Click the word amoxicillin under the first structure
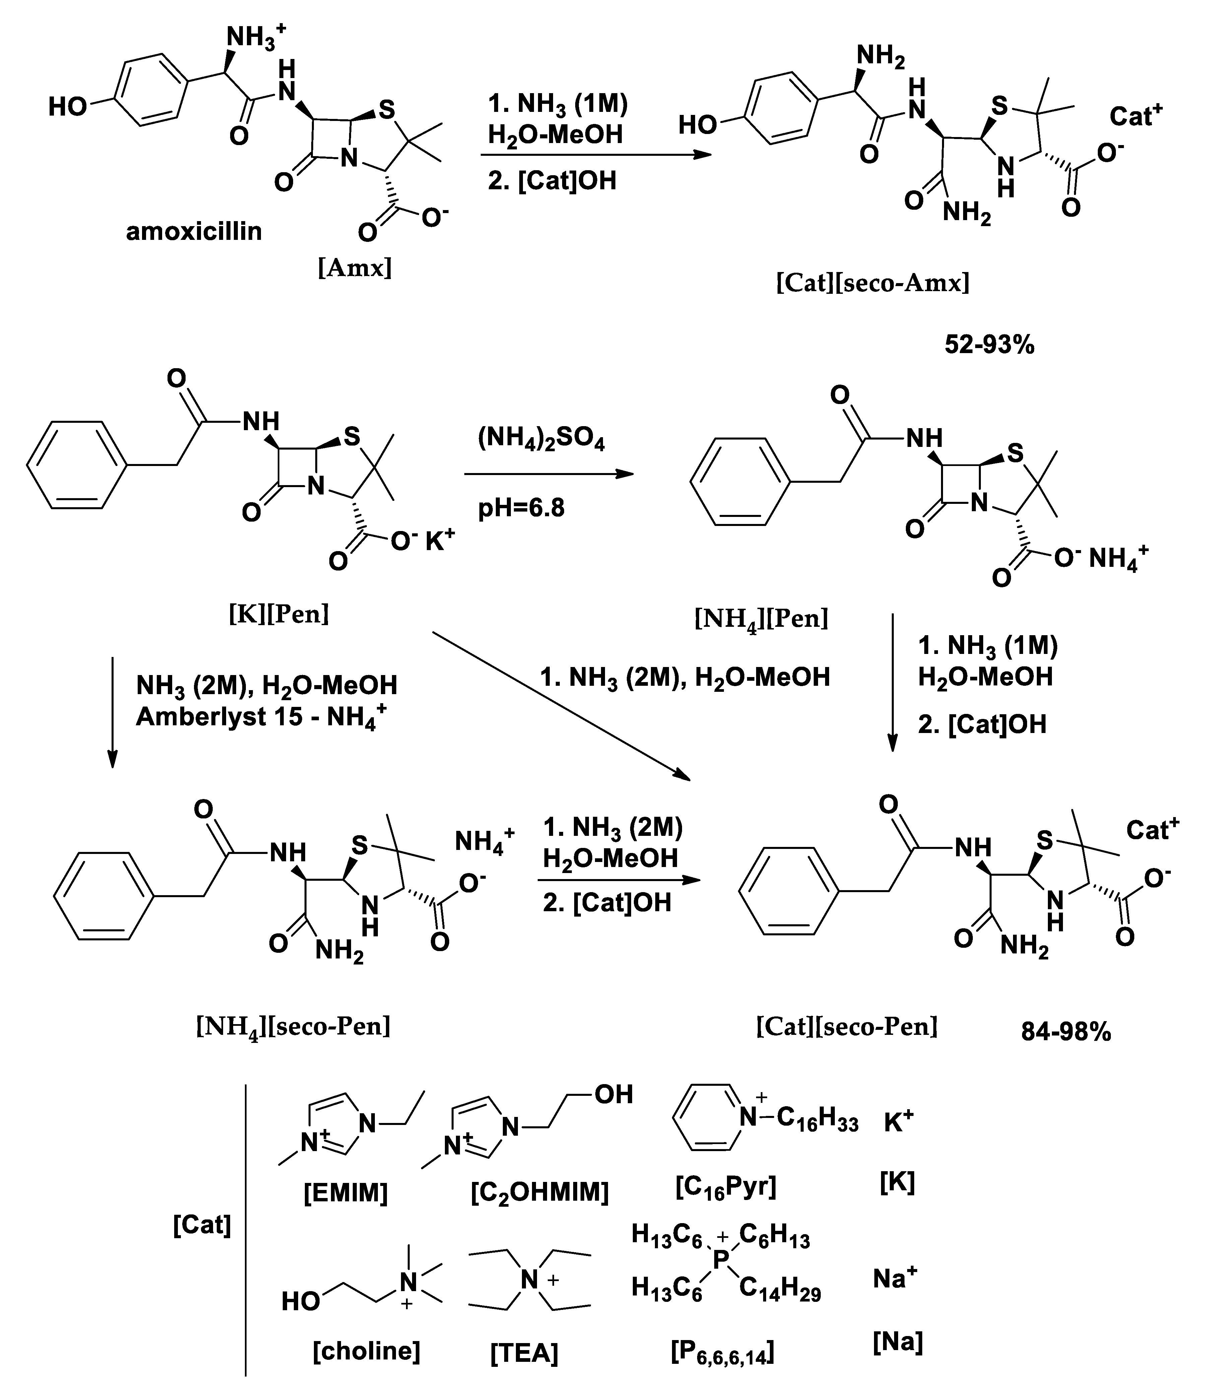[194, 231]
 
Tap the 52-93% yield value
[989, 345]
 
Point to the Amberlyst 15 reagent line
[262, 717]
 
